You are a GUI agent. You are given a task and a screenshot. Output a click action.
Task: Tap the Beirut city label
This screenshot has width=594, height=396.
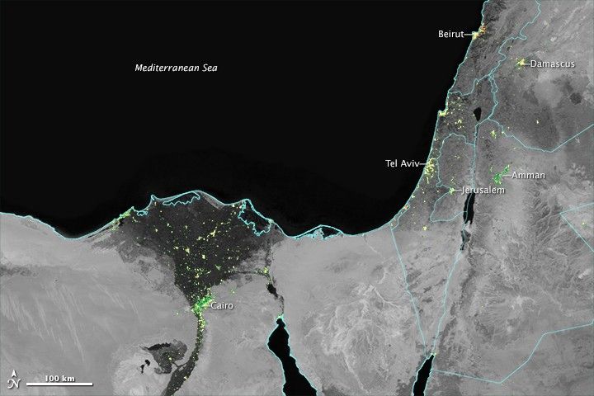pos(451,34)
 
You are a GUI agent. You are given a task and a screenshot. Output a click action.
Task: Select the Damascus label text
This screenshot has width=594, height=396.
pos(553,63)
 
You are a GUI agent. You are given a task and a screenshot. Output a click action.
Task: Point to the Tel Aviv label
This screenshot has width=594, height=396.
pos(403,163)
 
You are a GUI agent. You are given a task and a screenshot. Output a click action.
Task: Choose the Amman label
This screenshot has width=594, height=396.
pos(528,176)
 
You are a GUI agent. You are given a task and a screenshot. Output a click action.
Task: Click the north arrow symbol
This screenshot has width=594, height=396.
pos(13,382)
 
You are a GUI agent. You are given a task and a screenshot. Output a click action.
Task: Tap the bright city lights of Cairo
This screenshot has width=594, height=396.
pos(200,309)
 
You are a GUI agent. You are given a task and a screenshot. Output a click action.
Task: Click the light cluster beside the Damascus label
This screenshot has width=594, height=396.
pos(521,63)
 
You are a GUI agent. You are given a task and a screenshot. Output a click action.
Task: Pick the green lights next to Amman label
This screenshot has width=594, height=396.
pos(498,175)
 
